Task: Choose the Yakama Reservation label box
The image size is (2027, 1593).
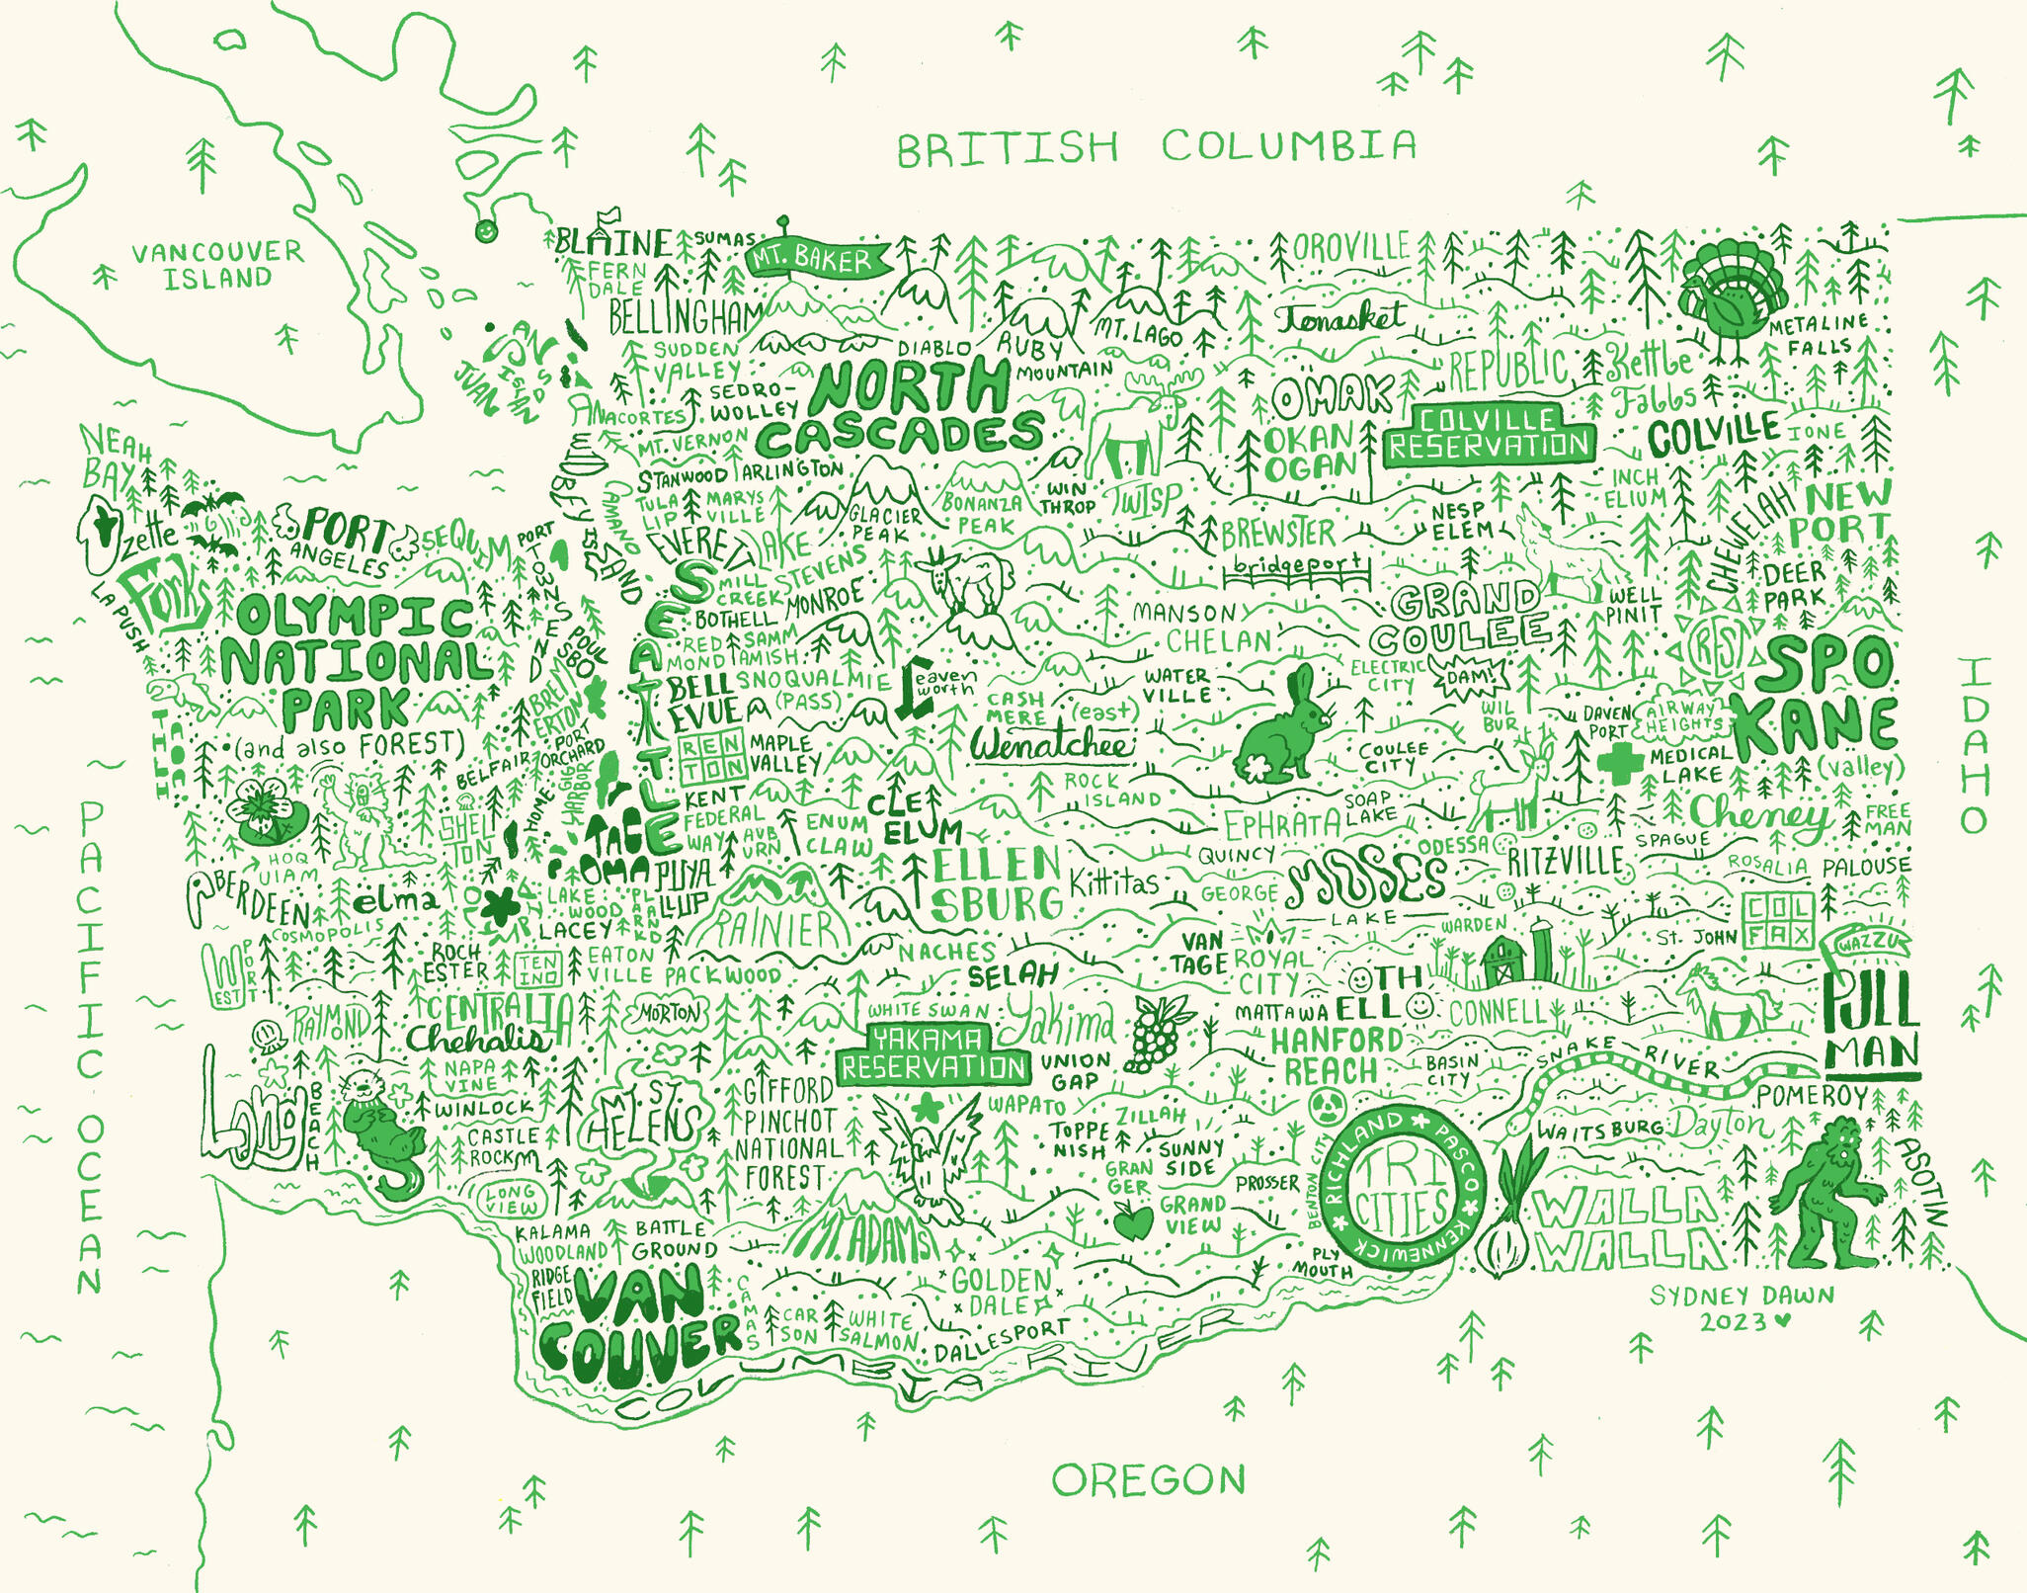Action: pyautogui.click(x=933, y=1053)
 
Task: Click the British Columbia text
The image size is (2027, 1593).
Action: pyautogui.click(x=1156, y=147)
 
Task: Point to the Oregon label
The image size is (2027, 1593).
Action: pyautogui.click(x=1148, y=1479)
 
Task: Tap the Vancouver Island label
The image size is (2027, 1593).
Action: pyautogui.click(x=218, y=264)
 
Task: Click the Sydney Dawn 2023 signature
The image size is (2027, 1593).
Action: pyautogui.click(x=1742, y=1307)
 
